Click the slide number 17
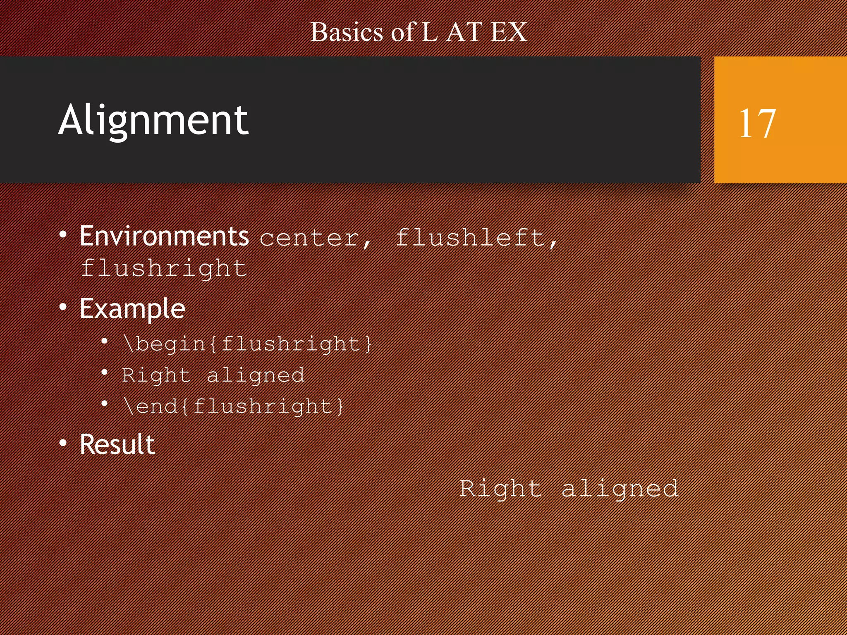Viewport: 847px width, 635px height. pyautogui.click(x=757, y=123)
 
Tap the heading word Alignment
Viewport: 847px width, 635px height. pyautogui.click(x=153, y=120)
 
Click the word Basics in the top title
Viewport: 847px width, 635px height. pyautogui.click(x=347, y=32)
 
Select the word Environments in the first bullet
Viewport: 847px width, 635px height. pyautogui.click(x=164, y=236)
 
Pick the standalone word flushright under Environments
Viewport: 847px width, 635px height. pyautogui.click(x=164, y=269)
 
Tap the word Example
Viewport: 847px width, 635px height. pyautogui.click(x=132, y=309)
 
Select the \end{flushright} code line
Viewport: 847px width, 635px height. pyautogui.click(x=233, y=406)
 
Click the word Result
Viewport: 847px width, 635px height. pyautogui.click(x=117, y=445)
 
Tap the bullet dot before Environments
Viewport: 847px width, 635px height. pyautogui.click(x=63, y=235)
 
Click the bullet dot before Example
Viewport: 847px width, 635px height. pyautogui.click(x=63, y=307)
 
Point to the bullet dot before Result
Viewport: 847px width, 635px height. pyautogui.click(x=63, y=443)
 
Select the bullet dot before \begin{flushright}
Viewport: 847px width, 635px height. pyautogui.click(x=105, y=341)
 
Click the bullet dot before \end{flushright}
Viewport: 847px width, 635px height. pyautogui.click(x=105, y=403)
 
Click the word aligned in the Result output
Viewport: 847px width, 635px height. pyautogui.click(x=620, y=489)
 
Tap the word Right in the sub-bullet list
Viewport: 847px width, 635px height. pyautogui.click(x=156, y=375)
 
